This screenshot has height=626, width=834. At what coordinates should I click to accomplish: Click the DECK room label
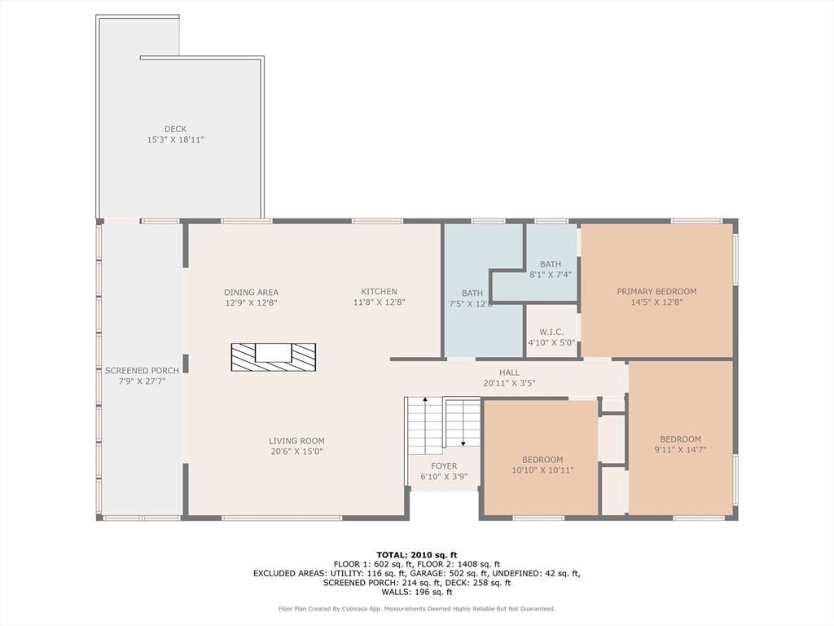[x=176, y=129]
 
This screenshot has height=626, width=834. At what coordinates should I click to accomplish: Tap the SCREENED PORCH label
[x=142, y=371]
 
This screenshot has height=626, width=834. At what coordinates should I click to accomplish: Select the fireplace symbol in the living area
[x=274, y=357]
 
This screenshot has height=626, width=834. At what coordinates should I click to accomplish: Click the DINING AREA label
[x=251, y=293]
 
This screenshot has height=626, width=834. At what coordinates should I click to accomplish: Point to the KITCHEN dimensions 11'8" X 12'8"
[x=380, y=302]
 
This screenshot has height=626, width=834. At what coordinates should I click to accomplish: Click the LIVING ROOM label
[x=296, y=441]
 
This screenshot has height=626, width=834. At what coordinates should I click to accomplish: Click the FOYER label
[x=444, y=465]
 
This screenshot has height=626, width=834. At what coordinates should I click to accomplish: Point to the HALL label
[x=510, y=373]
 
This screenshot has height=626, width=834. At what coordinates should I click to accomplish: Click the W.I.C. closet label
[x=551, y=333]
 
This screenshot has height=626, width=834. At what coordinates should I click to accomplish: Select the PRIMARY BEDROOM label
[x=656, y=292]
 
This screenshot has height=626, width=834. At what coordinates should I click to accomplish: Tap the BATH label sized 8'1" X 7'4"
[x=551, y=264]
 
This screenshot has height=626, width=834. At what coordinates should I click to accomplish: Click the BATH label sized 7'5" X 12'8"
[x=472, y=293]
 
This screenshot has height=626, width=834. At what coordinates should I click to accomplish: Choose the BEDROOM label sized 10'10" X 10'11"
[x=542, y=460]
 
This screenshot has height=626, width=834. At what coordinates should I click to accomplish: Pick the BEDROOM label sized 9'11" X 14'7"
[x=680, y=439]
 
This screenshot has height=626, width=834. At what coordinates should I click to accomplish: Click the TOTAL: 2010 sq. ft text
[x=417, y=555]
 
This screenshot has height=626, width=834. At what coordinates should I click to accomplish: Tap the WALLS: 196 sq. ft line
[x=417, y=592]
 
